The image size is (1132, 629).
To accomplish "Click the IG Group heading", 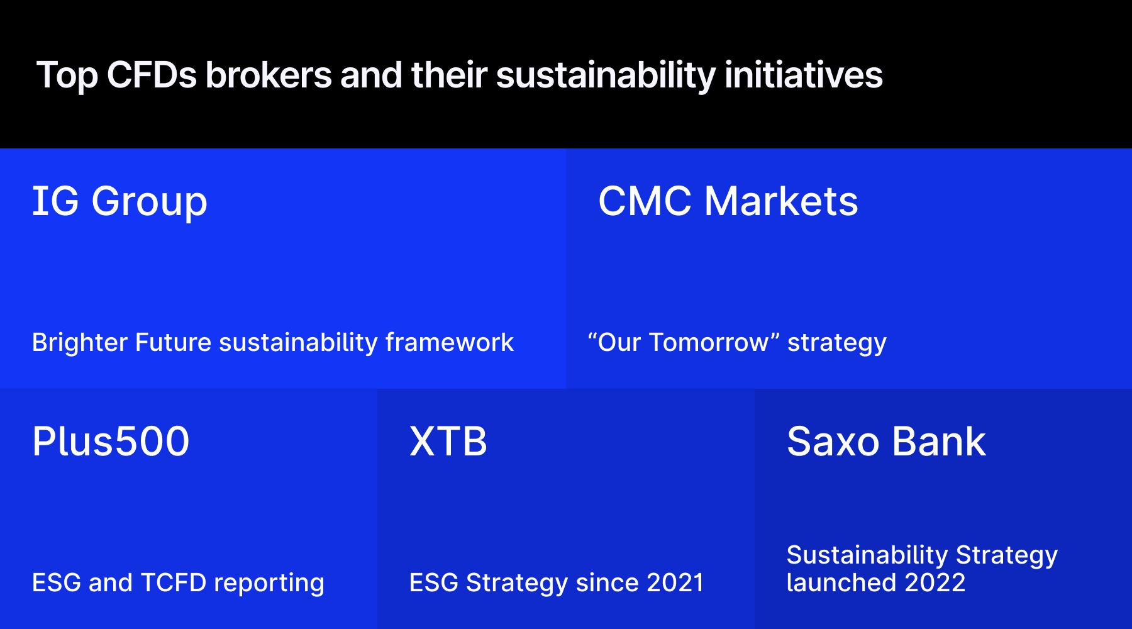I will (x=119, y=201).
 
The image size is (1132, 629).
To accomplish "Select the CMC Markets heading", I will (x=728, y=201).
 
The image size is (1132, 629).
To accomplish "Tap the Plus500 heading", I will (x=111, y=441).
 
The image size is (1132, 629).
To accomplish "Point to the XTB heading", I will (x=448, y=441).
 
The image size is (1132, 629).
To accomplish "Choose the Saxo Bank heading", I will (x=885, y=441).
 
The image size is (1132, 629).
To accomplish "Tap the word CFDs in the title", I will (x=152, y=75).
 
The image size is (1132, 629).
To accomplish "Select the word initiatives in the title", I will (x=803, y=75).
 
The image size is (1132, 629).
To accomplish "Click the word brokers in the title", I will (x=269, y=75).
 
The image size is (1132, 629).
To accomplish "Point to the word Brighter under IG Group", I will (x=79, y=343).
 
